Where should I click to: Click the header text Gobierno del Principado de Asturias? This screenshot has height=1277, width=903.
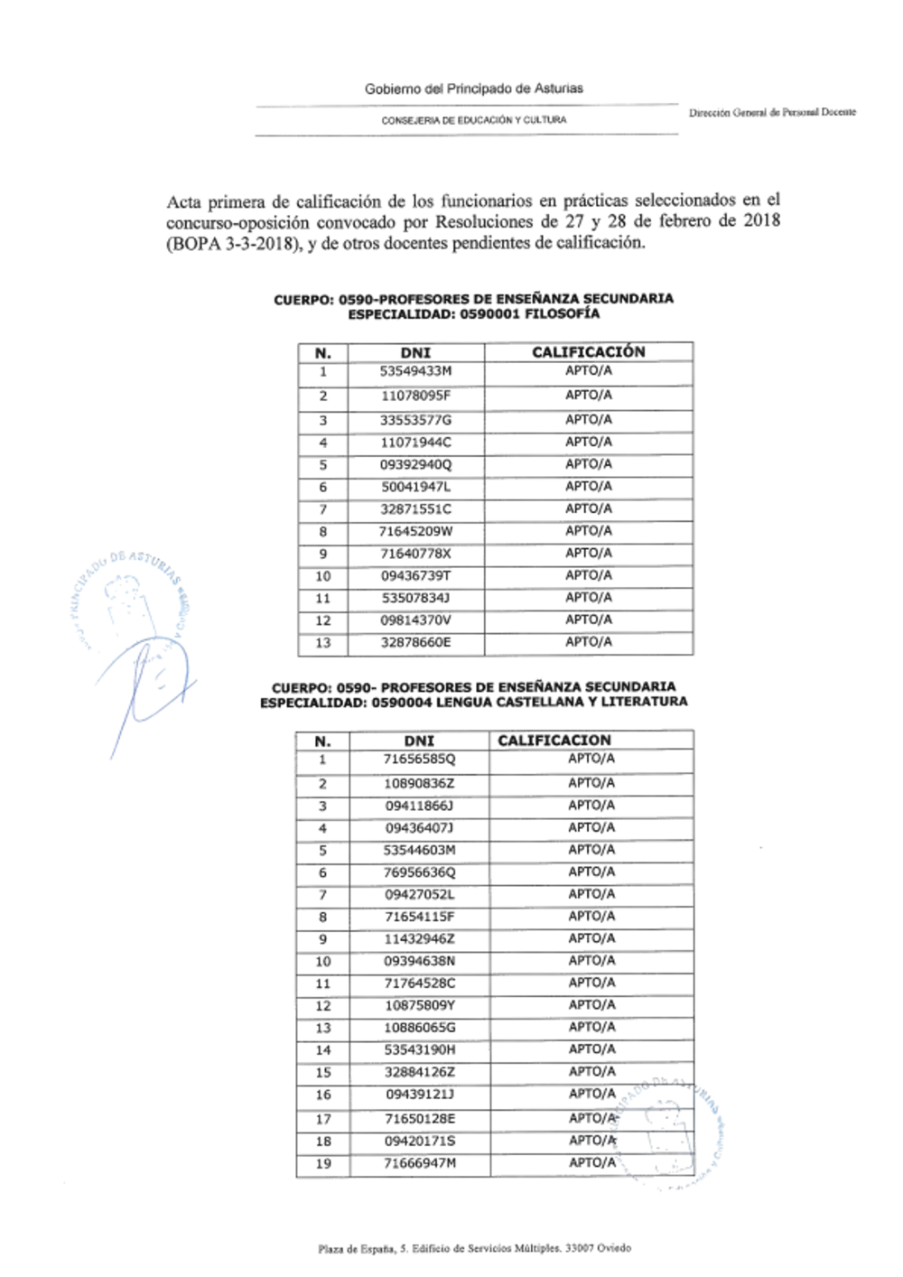pyautogui.click(x=473, y=89)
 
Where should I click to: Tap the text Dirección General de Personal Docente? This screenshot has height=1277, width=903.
pyautogui.click(x=772, y=113)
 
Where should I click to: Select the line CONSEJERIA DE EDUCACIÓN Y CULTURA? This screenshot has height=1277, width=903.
pyautogui.click(x=474, y=120)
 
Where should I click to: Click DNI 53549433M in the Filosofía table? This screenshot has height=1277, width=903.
pyautogui.click(x=415, y=372)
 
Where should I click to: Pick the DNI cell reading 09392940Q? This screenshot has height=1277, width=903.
pyautogui.click(x=415, y=465)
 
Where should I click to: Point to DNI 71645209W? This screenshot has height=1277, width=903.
pyautogui.click(x=415, y=532)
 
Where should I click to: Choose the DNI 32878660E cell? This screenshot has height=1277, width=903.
pyautogui.click(x=415, y=643)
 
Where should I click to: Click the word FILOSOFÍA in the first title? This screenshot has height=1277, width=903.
pyautogui.click(x=563, y=314)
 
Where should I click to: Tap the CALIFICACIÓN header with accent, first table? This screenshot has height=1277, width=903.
pyautogui.click(x=588, y=352)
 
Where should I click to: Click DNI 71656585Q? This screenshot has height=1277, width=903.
pyautogui.click(x=419, y=760)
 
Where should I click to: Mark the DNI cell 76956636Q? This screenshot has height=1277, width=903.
pyautogui.click(x=419, y=872)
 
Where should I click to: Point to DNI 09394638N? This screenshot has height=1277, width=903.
pyautogui.click(x=419, y=961)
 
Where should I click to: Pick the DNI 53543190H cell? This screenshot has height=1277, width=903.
pyautogui.click(x=419, y=1050)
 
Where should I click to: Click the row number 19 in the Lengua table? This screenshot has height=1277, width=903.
pyautogui.click(x=322, y=1164)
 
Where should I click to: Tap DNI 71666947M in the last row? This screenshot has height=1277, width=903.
pyautogui.click(x=419, y=1163)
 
